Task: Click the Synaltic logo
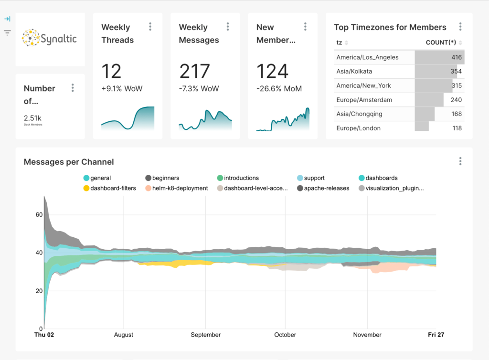coord(50,38)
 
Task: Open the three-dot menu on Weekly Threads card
coord(150,27)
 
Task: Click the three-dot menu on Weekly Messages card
coord(228,27)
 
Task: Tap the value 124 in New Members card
coord(272,72)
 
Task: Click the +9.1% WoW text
coord(122,89)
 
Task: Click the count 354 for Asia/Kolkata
coord(456,72)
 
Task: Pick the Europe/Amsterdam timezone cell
coord(364,100)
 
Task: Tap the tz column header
coord(339,42)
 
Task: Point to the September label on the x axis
coord(206,335)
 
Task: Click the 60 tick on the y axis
coord(39,215)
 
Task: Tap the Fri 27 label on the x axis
coord(436,335)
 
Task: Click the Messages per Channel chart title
coord(69,162)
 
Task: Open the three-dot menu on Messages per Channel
coord(460,161)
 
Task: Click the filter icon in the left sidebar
coord(7,33)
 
